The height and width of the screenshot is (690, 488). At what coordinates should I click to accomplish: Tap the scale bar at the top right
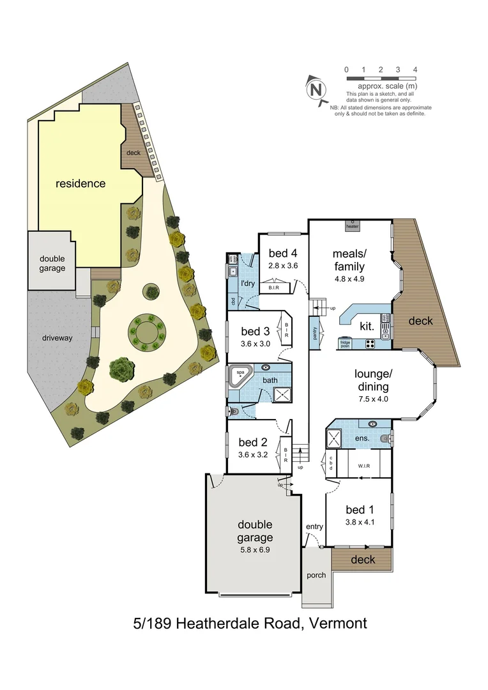pos(381,78)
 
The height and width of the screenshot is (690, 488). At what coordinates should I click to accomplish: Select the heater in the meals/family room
pos(352,224)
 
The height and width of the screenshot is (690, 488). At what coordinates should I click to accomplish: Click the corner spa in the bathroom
pos(240,376)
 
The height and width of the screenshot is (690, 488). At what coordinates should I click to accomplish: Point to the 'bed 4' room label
pos(283,253)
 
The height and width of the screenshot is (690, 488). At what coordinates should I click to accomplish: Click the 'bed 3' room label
pos(255,331)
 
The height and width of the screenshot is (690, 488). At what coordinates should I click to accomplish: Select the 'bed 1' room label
pos(360,509)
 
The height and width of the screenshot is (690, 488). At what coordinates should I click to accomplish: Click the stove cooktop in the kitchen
pos(370,344)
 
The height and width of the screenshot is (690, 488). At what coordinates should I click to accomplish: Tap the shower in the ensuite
pos(334,438)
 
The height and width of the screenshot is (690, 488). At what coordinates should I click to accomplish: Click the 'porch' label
pos(316,575)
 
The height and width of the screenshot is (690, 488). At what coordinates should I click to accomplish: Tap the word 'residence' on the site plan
pos(80,183)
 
